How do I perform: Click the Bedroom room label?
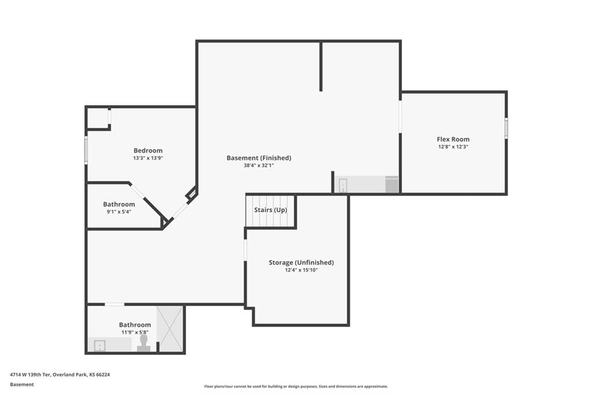[x=148, y=151]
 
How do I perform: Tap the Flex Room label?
[x=453, y=139]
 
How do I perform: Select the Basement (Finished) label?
[x=258, y=158]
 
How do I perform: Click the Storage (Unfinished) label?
[x=301, y=262]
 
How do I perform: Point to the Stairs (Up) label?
[x=271, y=210]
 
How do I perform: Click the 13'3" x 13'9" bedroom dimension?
[x=148, y=158]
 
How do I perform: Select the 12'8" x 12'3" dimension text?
[x=453, y=147]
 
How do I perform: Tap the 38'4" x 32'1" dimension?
[x=258, y=165]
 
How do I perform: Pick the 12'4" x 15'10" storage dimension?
[x=301, y=270]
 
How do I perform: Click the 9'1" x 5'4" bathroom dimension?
[x=119, y=212]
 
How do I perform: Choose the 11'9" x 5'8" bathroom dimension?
[x=135, y=333]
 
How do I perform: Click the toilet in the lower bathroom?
[x=143, y=343]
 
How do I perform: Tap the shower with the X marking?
[x=170, y=329]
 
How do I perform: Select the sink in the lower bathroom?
[x=99, y=345]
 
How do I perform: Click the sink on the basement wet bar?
[x=343, y=185]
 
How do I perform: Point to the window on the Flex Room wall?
[x=506, y=128]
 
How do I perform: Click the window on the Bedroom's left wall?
[x=86, y=150]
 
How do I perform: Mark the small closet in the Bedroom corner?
[x=98, y=118]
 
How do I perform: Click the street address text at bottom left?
[x=60, y=375]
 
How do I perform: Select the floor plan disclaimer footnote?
[x=296, y=386]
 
